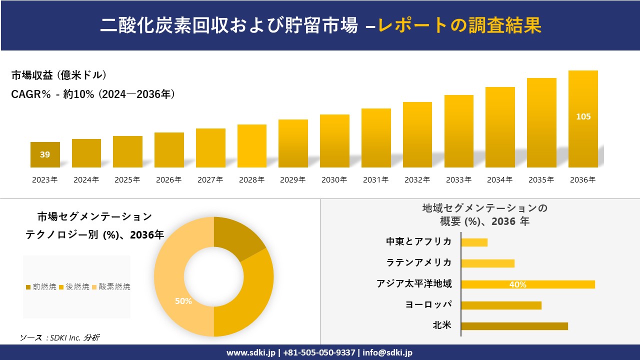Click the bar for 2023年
tap(45, 155)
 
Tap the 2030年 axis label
tap(334, 180)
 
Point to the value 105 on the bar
tap(583, 116)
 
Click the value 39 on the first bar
tap(45, 154)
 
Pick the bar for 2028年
tap(251, 146)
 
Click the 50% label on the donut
tap(183, 301)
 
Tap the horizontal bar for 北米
tap(514, 326)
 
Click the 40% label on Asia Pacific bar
tap(517, 284)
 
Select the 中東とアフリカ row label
tap(418, 241)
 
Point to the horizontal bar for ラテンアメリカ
tap(487, 263)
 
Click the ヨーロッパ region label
tap(428, 304)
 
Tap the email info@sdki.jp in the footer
tap(388, 352)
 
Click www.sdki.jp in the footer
tap(251, 352)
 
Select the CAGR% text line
tap(93, 94)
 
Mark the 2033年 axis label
tap(458, 180)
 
